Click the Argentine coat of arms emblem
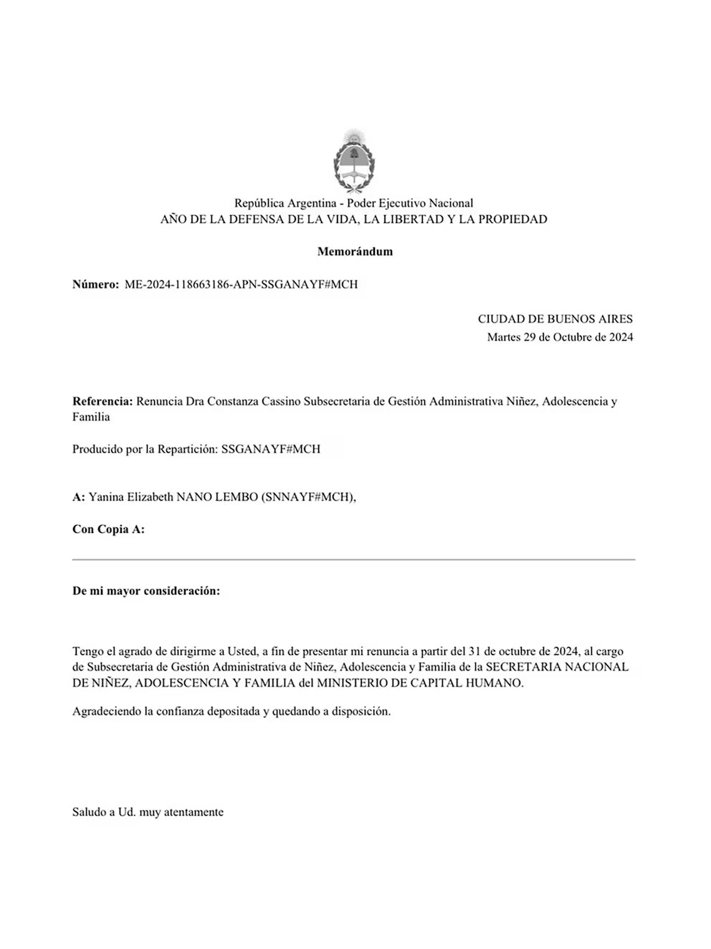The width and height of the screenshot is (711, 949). pos(354,161)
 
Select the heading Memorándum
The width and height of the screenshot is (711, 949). pos(355,252)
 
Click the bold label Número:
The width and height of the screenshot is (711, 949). pos(95,284)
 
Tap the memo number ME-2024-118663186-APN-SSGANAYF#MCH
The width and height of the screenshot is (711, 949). pos(241,284)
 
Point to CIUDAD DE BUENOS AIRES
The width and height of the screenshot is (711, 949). pos(555,319)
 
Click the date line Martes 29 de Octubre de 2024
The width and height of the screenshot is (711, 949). pos(560,337)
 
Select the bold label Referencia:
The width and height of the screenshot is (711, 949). pos(102,401)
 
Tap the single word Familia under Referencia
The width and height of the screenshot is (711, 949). pos(91,417)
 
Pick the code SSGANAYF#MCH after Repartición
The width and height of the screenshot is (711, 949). pos(271,449)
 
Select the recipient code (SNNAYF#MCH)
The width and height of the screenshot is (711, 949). pos(308,497)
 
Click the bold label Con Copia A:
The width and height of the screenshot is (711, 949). pos(108,529)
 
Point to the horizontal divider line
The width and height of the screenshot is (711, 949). pos(353,559)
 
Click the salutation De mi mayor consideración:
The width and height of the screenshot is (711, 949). pos(146,591)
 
